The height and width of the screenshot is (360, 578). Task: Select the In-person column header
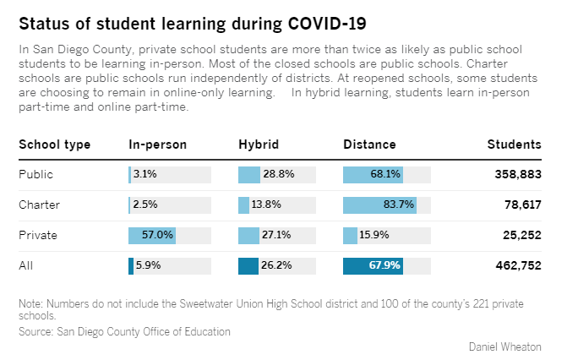(157, 145)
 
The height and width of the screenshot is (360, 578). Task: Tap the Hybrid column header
(258, 145)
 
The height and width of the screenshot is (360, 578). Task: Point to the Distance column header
(369, 145)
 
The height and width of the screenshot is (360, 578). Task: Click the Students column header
(514, 145)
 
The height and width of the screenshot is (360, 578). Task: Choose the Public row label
(35, 175)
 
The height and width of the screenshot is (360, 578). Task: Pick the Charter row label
(39, 205)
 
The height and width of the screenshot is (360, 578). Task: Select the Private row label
(37, 236)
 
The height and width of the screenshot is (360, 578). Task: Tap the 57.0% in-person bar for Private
(151, 236)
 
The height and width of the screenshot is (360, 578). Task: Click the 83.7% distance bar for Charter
(379, 205)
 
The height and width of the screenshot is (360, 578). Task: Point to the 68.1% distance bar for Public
(373, 175)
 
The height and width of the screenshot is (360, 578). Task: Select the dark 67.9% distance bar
(373, 265)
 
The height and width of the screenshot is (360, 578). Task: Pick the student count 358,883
(517, 175)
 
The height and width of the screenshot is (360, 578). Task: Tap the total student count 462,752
(517, 265)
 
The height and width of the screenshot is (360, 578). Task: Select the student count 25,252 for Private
(521, 236)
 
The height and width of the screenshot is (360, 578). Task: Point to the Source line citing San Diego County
(124, 332)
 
